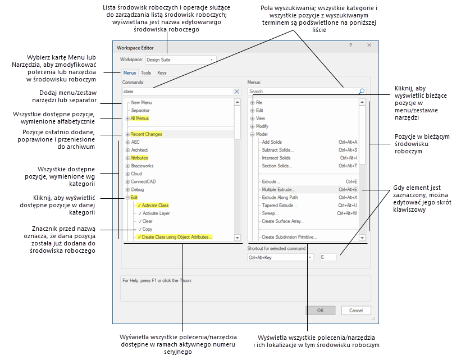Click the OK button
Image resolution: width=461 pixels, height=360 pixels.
coord(320,310)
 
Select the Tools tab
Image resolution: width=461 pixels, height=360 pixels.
coord(146,73)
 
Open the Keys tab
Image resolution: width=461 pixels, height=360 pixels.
coord(162,73)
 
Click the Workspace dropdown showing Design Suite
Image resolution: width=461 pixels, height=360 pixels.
coord(180,60)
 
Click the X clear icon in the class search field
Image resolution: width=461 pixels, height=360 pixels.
coord(236,91)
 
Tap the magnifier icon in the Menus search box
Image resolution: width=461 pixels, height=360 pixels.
coord(362,91)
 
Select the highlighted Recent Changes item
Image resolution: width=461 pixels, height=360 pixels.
coord(146,134)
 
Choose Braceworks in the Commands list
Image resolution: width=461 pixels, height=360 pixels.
coord(142,166)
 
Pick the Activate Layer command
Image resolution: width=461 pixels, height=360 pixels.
coord(156,213)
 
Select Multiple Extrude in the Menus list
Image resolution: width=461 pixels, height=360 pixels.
coord(279,190)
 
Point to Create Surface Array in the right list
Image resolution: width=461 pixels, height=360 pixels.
coord(284,221)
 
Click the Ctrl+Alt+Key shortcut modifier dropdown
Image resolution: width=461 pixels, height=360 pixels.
coord(280,257)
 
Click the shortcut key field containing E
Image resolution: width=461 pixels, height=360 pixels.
coord(328,257)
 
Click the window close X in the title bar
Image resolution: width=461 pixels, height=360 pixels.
coord(369,45)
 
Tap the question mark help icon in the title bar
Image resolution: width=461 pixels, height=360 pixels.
coord(351,45)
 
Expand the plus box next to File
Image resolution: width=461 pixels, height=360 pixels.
coord(252,103)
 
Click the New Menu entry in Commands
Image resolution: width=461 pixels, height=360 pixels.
coord(141,103)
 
